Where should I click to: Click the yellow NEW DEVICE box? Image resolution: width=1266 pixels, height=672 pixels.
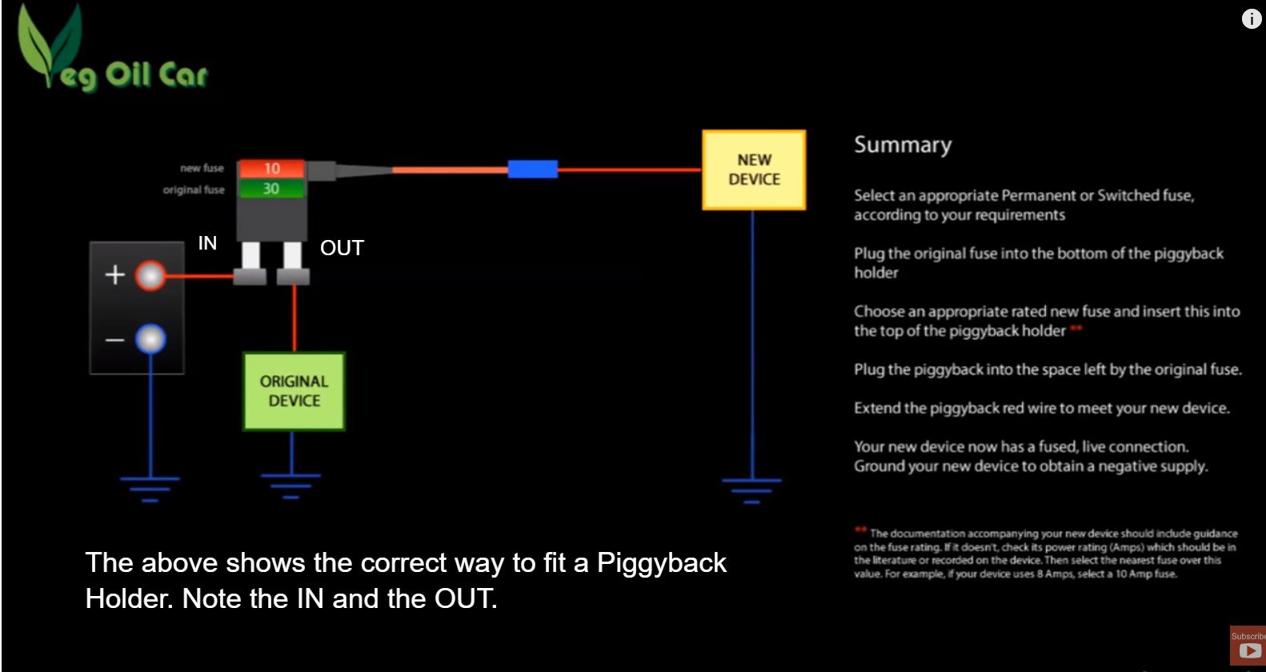754,170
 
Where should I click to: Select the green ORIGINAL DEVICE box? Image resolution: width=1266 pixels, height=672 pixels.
294,391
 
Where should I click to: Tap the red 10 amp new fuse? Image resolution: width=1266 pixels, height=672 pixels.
272,169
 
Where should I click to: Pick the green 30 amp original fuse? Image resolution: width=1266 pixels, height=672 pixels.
272,188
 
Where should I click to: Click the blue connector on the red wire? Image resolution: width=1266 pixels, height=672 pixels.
532,169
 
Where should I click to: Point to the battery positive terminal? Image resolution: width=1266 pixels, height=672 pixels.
150,276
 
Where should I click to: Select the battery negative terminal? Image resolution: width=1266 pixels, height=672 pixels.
150,339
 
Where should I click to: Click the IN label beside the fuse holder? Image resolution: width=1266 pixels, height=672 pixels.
207,243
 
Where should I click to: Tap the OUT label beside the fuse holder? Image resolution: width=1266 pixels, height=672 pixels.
342,247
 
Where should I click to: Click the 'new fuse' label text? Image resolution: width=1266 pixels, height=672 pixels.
202,168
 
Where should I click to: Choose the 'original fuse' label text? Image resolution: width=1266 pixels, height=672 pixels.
194,190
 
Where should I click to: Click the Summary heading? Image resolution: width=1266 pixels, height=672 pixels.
903,146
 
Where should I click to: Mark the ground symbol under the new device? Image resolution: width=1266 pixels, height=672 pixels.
751,490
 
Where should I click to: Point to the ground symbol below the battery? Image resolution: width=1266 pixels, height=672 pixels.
150,489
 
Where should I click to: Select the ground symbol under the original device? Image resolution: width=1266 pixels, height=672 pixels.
290,486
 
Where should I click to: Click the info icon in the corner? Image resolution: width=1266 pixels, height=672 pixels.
1252,18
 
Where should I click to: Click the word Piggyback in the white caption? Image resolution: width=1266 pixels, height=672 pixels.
661,563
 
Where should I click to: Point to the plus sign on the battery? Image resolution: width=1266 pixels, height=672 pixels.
114,275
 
